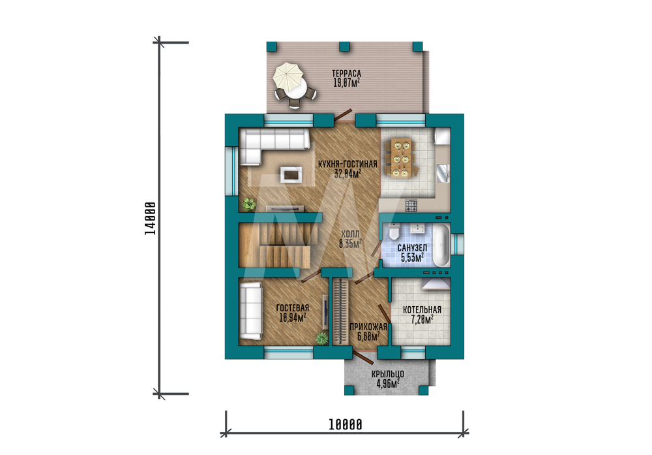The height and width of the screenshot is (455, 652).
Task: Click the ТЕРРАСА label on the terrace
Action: (346, 74)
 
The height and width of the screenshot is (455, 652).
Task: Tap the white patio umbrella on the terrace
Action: (288, 76)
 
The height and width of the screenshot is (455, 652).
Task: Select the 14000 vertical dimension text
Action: (150, 219)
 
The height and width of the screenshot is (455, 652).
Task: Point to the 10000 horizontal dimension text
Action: (345, 424)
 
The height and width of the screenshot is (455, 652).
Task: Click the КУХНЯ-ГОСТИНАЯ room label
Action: (348, 164)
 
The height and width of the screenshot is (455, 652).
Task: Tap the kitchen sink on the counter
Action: (443, 173)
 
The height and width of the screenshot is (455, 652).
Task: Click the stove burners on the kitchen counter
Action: (411, 205)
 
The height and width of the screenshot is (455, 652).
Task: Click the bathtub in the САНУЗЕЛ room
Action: (441, 245)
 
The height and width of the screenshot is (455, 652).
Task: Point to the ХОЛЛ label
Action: (350, 234)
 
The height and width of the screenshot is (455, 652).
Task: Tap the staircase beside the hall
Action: (278, 245)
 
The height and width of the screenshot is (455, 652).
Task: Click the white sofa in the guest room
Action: (250, 311)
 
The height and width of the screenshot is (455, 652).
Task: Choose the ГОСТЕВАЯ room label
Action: (292, 308)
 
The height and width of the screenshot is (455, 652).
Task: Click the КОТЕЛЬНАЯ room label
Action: (422, 309)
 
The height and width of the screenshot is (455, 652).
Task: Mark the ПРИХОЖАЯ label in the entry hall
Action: (368, 327)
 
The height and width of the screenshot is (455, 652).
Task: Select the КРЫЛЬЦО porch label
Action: (388, 374)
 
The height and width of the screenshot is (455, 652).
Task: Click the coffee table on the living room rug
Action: (291, 174)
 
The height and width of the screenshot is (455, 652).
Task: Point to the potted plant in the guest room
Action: (321, 338)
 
